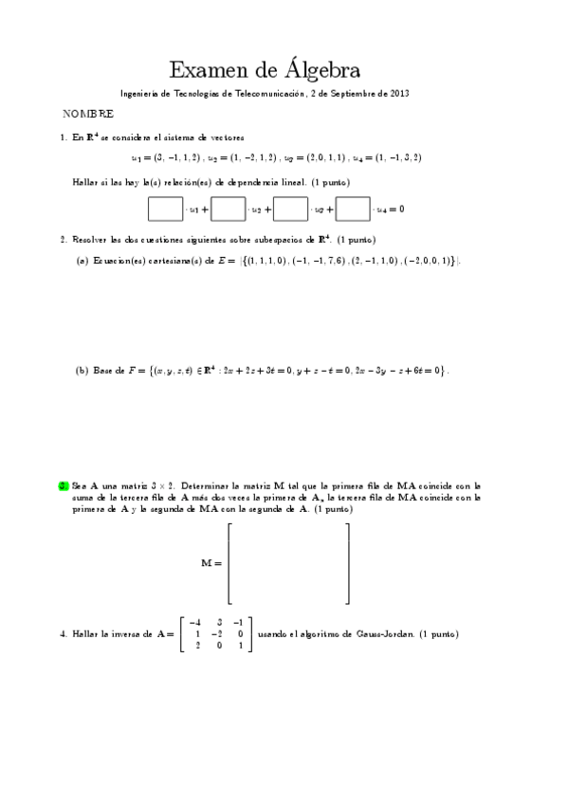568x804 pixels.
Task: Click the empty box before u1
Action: [x=165, y=208]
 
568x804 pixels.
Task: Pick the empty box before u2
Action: [x=228, y=208]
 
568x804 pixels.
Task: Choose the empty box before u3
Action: [x=290, y=208]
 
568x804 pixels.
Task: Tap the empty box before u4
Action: [x=353, y=208]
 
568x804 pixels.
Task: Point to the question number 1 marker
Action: [x=63, y=137]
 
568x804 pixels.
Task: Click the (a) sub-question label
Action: [x=82, y=261]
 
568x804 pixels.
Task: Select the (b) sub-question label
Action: [x=82, y=371]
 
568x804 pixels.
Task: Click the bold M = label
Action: [x=211, y=563]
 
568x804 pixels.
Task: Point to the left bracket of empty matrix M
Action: [x=230, y=563]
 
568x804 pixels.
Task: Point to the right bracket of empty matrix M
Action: [x=347, y=563]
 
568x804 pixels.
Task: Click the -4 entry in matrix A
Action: [x=195, y=621]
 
